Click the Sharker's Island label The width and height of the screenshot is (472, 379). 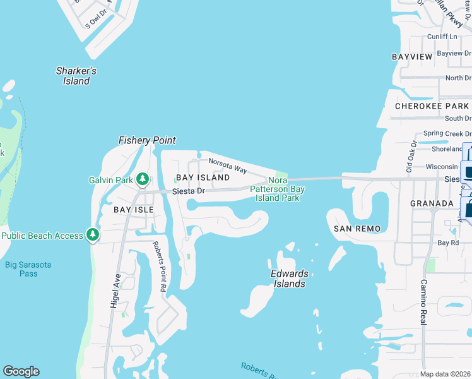[76, 76]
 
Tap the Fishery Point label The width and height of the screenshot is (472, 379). [147, 140]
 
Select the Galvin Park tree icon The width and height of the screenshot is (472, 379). [143, 180]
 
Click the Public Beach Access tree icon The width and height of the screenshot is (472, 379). [93, 236]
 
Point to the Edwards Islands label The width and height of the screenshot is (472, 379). [290, 279]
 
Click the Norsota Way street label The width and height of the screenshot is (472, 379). [227, 165]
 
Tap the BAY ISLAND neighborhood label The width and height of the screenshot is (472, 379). [203, 178]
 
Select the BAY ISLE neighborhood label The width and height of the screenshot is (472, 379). [134, 209]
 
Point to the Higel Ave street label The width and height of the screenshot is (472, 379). [115, 294]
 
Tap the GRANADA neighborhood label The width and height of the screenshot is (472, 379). [432, 203]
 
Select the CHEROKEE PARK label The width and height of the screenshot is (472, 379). [432, 106]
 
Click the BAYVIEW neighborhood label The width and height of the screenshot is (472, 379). [412, 57]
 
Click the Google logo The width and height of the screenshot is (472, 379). [21, 371]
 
